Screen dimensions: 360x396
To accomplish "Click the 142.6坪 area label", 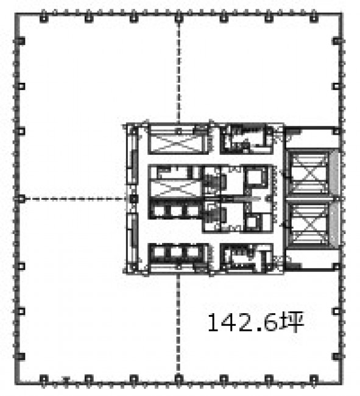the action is click(x=256, y=322).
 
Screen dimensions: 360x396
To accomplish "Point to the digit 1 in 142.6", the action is click(x=213, y=322).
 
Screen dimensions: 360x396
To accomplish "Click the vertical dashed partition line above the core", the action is click(x=178, y=72).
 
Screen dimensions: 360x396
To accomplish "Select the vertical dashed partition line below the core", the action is click(x=178, y=325).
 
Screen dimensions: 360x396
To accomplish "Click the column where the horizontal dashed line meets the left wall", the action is click(x=22, y=199).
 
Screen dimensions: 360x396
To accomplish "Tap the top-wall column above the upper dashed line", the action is click(x=178, y=18).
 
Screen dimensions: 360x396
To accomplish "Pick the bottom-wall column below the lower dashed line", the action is click(x=178, y=379).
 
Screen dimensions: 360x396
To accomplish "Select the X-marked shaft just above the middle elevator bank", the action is click(x=176, y=188).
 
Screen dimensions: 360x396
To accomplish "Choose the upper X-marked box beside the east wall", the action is click(x=309, y=173).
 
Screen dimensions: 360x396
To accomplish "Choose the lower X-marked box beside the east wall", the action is click(x=309, y=224).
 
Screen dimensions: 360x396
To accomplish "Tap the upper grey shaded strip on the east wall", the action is click(x=334, y=173).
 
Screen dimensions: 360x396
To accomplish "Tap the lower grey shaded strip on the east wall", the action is click(x=334, y=224).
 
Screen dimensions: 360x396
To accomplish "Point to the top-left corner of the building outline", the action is click(x=16, y=13).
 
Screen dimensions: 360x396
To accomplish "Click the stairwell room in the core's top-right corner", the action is click(x=246, y=139).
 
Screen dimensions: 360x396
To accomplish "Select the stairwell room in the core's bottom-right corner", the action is click(x=246, y=258).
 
